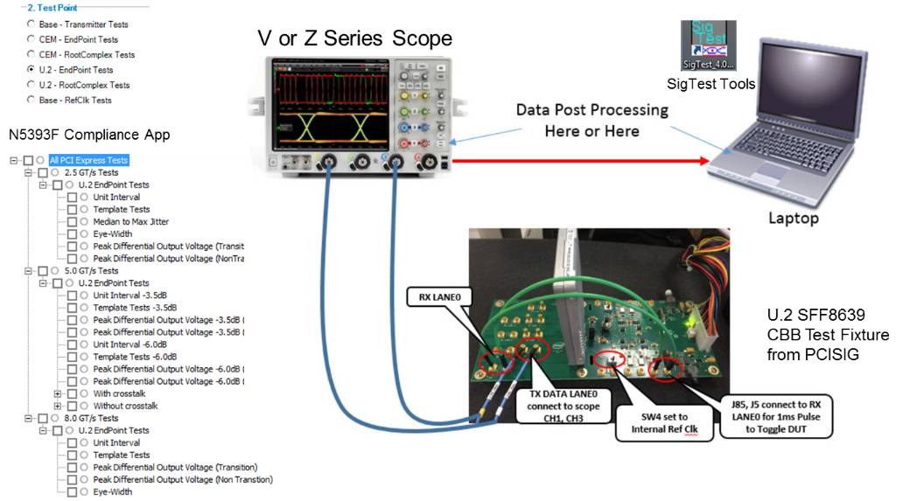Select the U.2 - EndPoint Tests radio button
32,70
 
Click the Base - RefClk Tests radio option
32,101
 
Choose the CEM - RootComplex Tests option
32,55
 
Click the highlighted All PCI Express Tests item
88,160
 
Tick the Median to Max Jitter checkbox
73,222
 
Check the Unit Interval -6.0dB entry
73,344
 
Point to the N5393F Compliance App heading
88,135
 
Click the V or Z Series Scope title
354,38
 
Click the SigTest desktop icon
708,45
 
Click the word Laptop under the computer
791,219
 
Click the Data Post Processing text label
591,121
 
